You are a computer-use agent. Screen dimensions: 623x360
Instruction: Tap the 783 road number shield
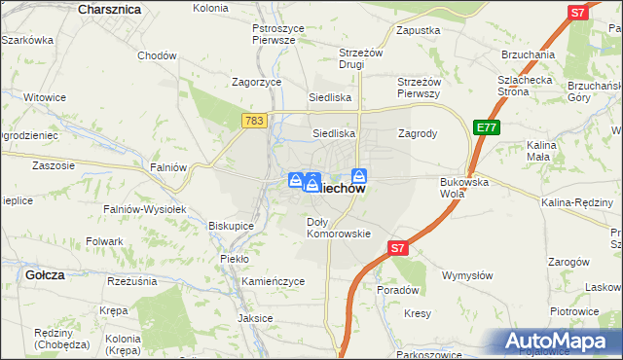click(x=254, y=120)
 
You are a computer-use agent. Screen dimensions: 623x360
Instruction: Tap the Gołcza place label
click(x=45, y=275)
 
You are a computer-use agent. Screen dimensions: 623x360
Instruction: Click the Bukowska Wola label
click(x=463, y=187)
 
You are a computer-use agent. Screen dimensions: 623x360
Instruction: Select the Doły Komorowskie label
click(x=339, y=228)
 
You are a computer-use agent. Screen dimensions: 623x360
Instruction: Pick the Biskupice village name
click(x=231, y=225)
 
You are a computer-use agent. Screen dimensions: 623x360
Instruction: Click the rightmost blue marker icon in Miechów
click(x=359, y=176)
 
